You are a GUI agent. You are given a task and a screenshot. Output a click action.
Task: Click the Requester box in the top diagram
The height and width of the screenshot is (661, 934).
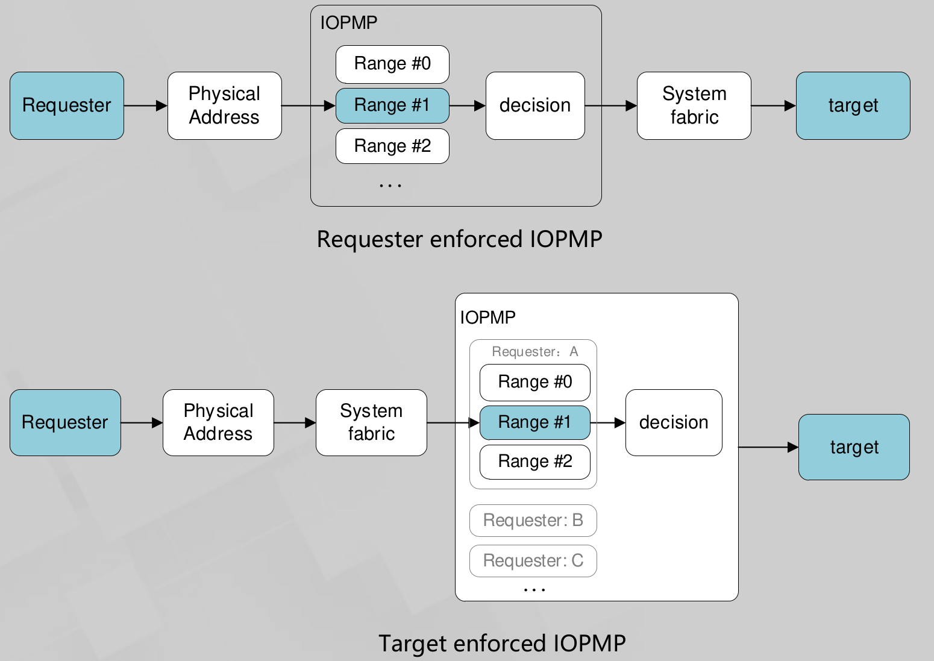point(67,105)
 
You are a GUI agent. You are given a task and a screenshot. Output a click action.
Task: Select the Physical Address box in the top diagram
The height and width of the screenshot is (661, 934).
point(224,105)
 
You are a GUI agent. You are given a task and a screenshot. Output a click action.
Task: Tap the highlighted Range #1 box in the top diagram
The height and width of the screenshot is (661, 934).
point(392,105)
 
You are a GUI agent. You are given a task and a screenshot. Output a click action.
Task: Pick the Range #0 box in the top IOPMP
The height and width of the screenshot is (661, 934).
point(392,64)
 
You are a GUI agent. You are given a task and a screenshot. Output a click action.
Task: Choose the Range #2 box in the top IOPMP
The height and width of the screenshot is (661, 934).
point(392,146)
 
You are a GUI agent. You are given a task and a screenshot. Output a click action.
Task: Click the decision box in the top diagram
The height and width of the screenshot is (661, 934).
point(535,105)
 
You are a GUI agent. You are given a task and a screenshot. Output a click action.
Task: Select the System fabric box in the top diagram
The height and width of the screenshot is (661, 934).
point(694,105)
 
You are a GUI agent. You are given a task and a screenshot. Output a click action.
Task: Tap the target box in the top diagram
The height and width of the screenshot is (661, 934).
point(853,105)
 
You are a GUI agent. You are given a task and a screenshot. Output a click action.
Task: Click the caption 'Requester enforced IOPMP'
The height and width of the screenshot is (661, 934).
point(459,239)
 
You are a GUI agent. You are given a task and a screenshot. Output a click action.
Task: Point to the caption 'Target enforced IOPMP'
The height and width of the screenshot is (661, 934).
point(502,643)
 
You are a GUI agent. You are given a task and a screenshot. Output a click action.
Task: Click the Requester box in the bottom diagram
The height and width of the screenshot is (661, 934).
point(65,422)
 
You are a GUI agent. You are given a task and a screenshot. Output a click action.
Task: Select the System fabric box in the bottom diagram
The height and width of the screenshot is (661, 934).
point(371,422)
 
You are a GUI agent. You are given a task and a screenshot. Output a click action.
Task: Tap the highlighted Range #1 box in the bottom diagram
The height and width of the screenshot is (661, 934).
point(534,422)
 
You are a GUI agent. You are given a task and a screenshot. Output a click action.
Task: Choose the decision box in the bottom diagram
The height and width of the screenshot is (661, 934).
point(674,422)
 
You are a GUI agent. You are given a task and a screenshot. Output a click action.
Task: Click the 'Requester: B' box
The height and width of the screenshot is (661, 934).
point(533,520)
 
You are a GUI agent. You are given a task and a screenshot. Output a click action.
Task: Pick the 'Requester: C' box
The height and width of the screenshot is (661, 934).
point(533,560)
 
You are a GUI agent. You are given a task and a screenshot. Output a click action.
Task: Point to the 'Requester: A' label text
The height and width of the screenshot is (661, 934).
point(534,351)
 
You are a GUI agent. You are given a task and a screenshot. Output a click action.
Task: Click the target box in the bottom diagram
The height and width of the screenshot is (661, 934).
point(854,447)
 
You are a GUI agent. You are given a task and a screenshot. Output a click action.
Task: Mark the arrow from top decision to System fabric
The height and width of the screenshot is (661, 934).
point(610,106)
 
